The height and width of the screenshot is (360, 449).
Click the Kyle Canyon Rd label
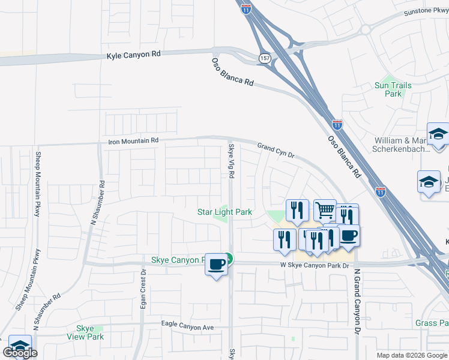pos(133,54)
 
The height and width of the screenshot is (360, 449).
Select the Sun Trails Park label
pos(393,89)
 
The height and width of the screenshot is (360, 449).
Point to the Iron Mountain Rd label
pos(133,140)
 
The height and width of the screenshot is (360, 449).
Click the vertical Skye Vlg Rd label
pos(231,160)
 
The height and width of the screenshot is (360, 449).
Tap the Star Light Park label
pos(225,212)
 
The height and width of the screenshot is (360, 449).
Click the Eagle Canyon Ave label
pos(188,327)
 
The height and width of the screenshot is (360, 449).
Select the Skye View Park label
pos(90,333)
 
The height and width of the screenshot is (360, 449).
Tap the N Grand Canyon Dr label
pos(356,300)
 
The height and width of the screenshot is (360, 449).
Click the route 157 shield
pos(265,58)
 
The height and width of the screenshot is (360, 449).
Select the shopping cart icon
pos(325,210)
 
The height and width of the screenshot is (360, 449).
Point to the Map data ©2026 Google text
pos(411,355)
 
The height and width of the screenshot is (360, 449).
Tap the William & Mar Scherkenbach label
pos(400,145)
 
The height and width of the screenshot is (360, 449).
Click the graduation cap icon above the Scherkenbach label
pos(438,134)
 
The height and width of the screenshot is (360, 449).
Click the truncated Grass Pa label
pos(432,323)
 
